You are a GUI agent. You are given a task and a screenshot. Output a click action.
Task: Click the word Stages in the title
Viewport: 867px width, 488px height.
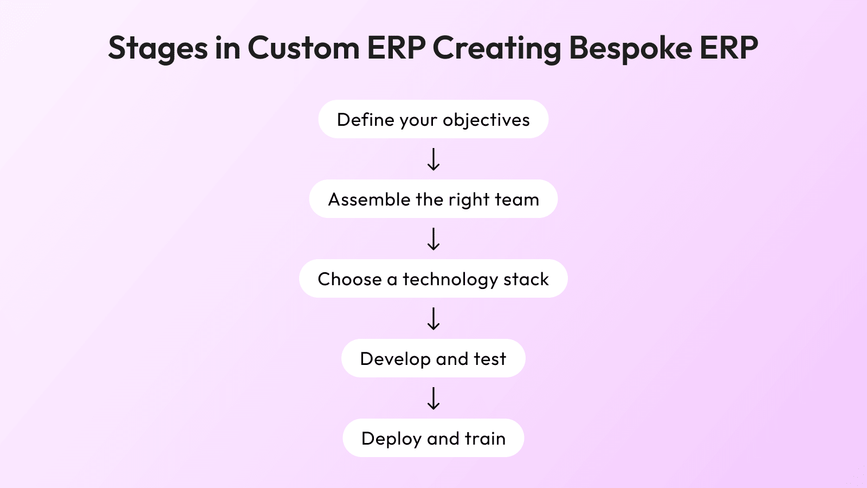pyautogui.click(x=158, y=48)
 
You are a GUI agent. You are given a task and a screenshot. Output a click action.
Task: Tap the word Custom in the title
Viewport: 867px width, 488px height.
pyautogui.click(x=304, y=48)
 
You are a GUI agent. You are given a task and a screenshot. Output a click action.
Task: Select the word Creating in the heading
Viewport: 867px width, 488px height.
pyautogui.click(x=496, y=48)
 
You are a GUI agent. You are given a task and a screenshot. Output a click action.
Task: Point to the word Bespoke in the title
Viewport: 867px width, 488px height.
pyautogui.click(x=631, y=48)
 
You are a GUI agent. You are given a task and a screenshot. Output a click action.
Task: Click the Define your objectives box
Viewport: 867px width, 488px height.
pyautogui.click(x=433, y=119)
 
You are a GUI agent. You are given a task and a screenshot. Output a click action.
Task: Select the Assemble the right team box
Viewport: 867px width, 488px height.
pyautogui.click(x=433, y=198)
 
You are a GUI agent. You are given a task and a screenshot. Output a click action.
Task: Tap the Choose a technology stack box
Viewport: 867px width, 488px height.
pyautogui.click(x=433, y=279)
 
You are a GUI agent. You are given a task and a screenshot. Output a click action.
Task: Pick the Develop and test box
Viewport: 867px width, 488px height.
pyautogui.click(x=433, y=358)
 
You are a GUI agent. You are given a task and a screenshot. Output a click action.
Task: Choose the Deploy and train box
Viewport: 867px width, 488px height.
pyautogui.click(x=433, y=438)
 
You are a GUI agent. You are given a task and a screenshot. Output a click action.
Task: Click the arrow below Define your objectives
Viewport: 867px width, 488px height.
pyautogui.click(x=433, y=159)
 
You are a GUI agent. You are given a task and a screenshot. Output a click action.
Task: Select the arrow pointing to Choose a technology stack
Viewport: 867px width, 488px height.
pyautogui.click(x=433, y=239)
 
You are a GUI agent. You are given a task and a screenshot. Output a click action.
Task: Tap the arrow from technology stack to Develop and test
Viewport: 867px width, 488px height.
pyautogui.click(x=433, y=319)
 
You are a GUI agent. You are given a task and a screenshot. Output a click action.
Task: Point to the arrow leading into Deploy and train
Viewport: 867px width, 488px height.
pyautogui.click(x=433, y=399)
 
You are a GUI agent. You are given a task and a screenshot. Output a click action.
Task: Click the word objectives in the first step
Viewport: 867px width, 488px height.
pyautogui.click(x=486, y=120)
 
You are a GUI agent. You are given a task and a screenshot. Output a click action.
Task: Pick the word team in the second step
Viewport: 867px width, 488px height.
pyautogui.click(x=517, y=200)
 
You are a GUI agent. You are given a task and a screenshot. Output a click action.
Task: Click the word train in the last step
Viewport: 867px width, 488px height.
pyautogui.click(x=485, y=439)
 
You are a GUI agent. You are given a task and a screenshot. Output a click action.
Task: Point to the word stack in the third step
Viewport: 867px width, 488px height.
pyautogui.click(x=526, y=280)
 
